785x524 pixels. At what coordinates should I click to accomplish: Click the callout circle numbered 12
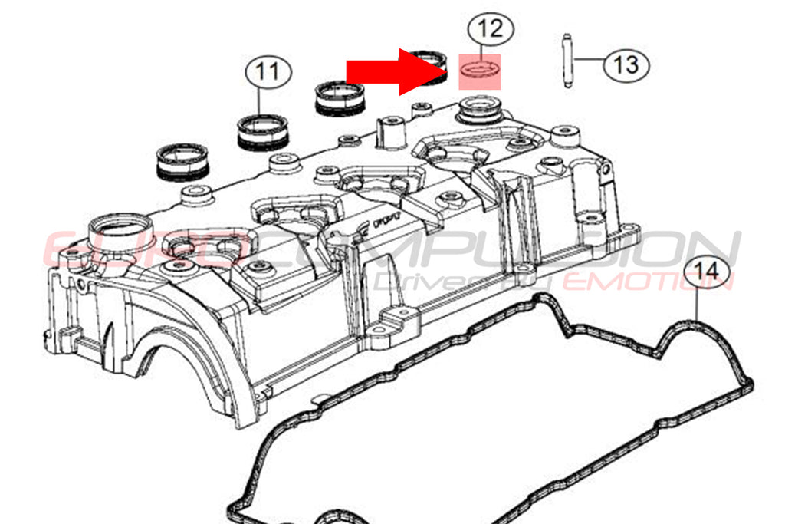(x=491, y=30)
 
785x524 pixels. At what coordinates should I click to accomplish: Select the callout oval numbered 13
(x=626, y=64)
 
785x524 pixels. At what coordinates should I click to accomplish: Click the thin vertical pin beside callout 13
(x=568, y=62)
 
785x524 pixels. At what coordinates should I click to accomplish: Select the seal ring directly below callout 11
(x=261, y=131)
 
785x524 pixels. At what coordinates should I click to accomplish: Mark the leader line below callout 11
(x=261, y=103)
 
